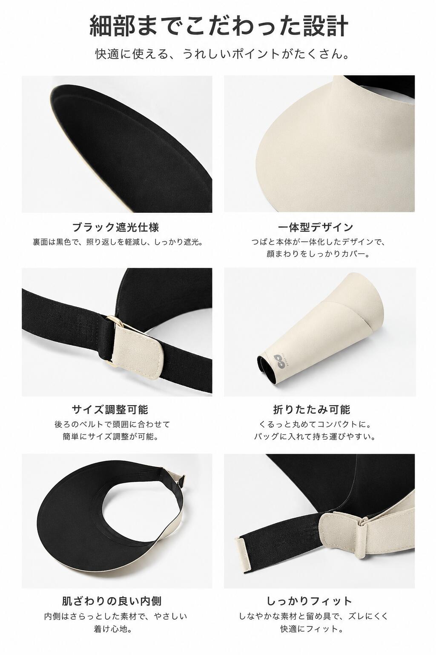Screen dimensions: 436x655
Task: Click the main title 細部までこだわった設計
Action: (218, 26)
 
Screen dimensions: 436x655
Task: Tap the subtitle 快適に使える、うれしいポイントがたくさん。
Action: (222, 54)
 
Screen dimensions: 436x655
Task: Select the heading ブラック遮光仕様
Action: (116, 227)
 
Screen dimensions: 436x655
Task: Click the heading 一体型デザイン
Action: (316, 227)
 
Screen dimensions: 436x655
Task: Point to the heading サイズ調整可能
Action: (110, 410)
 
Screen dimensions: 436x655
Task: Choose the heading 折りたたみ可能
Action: (312, 410)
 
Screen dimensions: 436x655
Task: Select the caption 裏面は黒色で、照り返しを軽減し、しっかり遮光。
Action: (118, 242)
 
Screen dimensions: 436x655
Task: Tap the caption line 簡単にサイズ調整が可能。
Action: (111, 437)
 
